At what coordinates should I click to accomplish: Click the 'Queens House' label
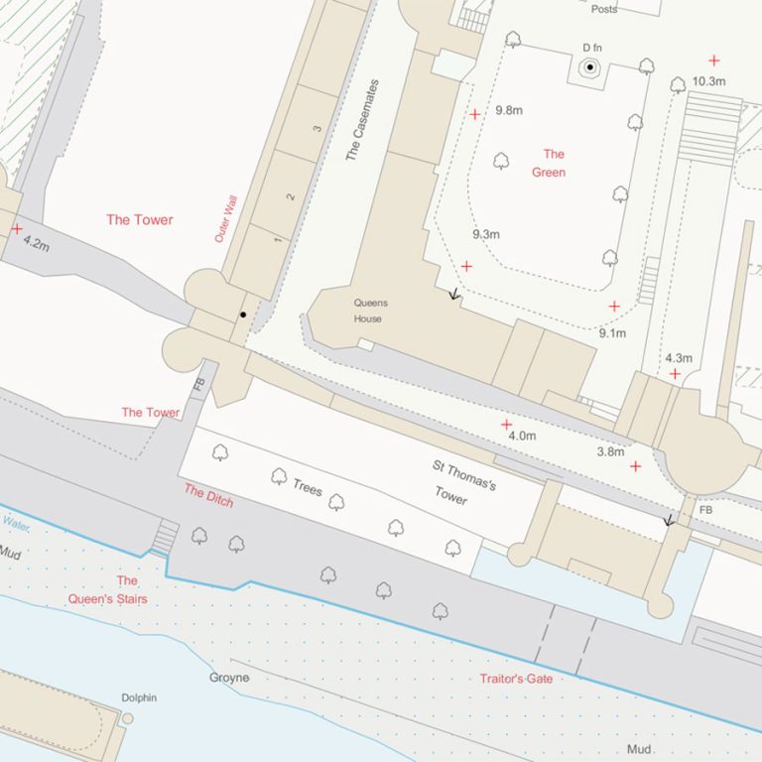click(x=371, y=311)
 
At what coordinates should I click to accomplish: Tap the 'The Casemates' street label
click(x=362, y=121)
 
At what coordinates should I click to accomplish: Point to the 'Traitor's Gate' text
click(x=516, y=679)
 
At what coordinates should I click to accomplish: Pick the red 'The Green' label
click(x=551, y=163)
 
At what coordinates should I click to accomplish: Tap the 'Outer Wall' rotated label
click(x=227, y=219)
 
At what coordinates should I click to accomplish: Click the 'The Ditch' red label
click(x=208, y=495)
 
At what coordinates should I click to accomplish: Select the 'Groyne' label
click(x=229, y=678)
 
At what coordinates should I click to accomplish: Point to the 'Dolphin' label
click(x=139, y=698)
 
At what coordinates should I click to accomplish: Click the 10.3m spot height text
click(x=708, y=81)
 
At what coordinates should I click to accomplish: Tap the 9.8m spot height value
click(x=509, y=110)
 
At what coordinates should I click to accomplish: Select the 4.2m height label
click(x=35, y=243)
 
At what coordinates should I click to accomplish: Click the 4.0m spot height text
click(x=521, y=436)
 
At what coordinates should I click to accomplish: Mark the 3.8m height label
click(x=610, y=451)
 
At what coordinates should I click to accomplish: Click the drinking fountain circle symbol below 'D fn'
click(x=590, y=67)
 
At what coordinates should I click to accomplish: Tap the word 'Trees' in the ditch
click(x=307, y=487)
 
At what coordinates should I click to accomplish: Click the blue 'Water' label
click(x=16, y=522)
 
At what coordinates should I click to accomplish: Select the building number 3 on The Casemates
click(x=317, y=129)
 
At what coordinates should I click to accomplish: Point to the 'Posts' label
click(x=603, y=9)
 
